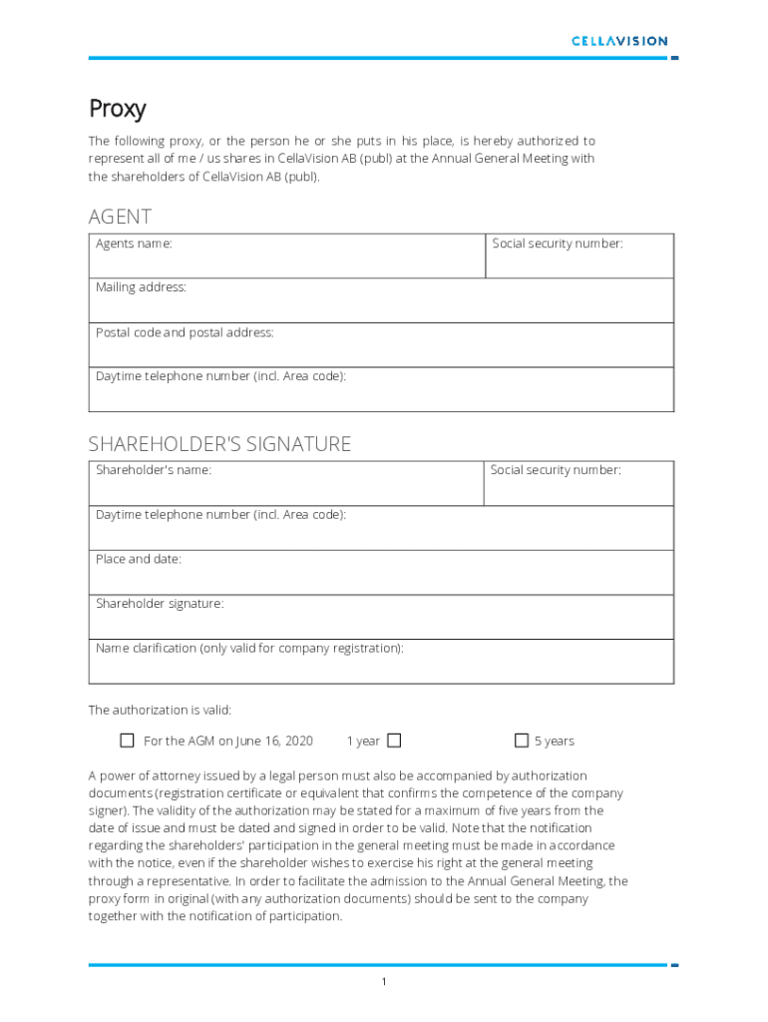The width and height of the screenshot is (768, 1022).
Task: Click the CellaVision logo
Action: (x=618, y=41)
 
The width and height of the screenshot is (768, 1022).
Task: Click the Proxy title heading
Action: (x=118, y=108)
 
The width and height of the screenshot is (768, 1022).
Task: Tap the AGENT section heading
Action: (x=120, y=217)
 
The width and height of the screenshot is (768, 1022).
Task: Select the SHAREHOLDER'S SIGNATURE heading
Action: (x=219, y=444)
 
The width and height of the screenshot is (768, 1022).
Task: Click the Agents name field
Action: (x=287, y=256)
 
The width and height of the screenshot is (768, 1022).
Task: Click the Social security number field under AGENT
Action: (x=579, y=256)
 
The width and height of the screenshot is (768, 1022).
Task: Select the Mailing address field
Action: (x=381, y=300)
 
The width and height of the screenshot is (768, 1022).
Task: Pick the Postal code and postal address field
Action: (x=381, y=345)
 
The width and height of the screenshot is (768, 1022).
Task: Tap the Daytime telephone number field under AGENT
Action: (x=381, y=389)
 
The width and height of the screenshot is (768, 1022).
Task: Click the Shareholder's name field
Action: (x=287, y=484)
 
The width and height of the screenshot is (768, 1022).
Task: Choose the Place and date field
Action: (x=381, y=573)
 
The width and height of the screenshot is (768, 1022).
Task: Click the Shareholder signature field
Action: (x=381, y=617)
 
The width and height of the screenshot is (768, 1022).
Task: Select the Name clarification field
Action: (x=381, y=662)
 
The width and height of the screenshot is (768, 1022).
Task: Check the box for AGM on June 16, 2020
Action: (x=127, y=741)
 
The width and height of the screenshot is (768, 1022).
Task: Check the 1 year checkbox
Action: (x=394, y=741)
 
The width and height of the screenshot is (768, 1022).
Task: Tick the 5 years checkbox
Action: (x=521, y=741)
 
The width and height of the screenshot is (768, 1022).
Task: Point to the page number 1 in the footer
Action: (x=384, y=983)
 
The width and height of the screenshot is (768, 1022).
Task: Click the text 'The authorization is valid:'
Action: (x=160, y=711)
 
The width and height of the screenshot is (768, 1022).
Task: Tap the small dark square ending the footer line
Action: (x=675, y=965)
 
